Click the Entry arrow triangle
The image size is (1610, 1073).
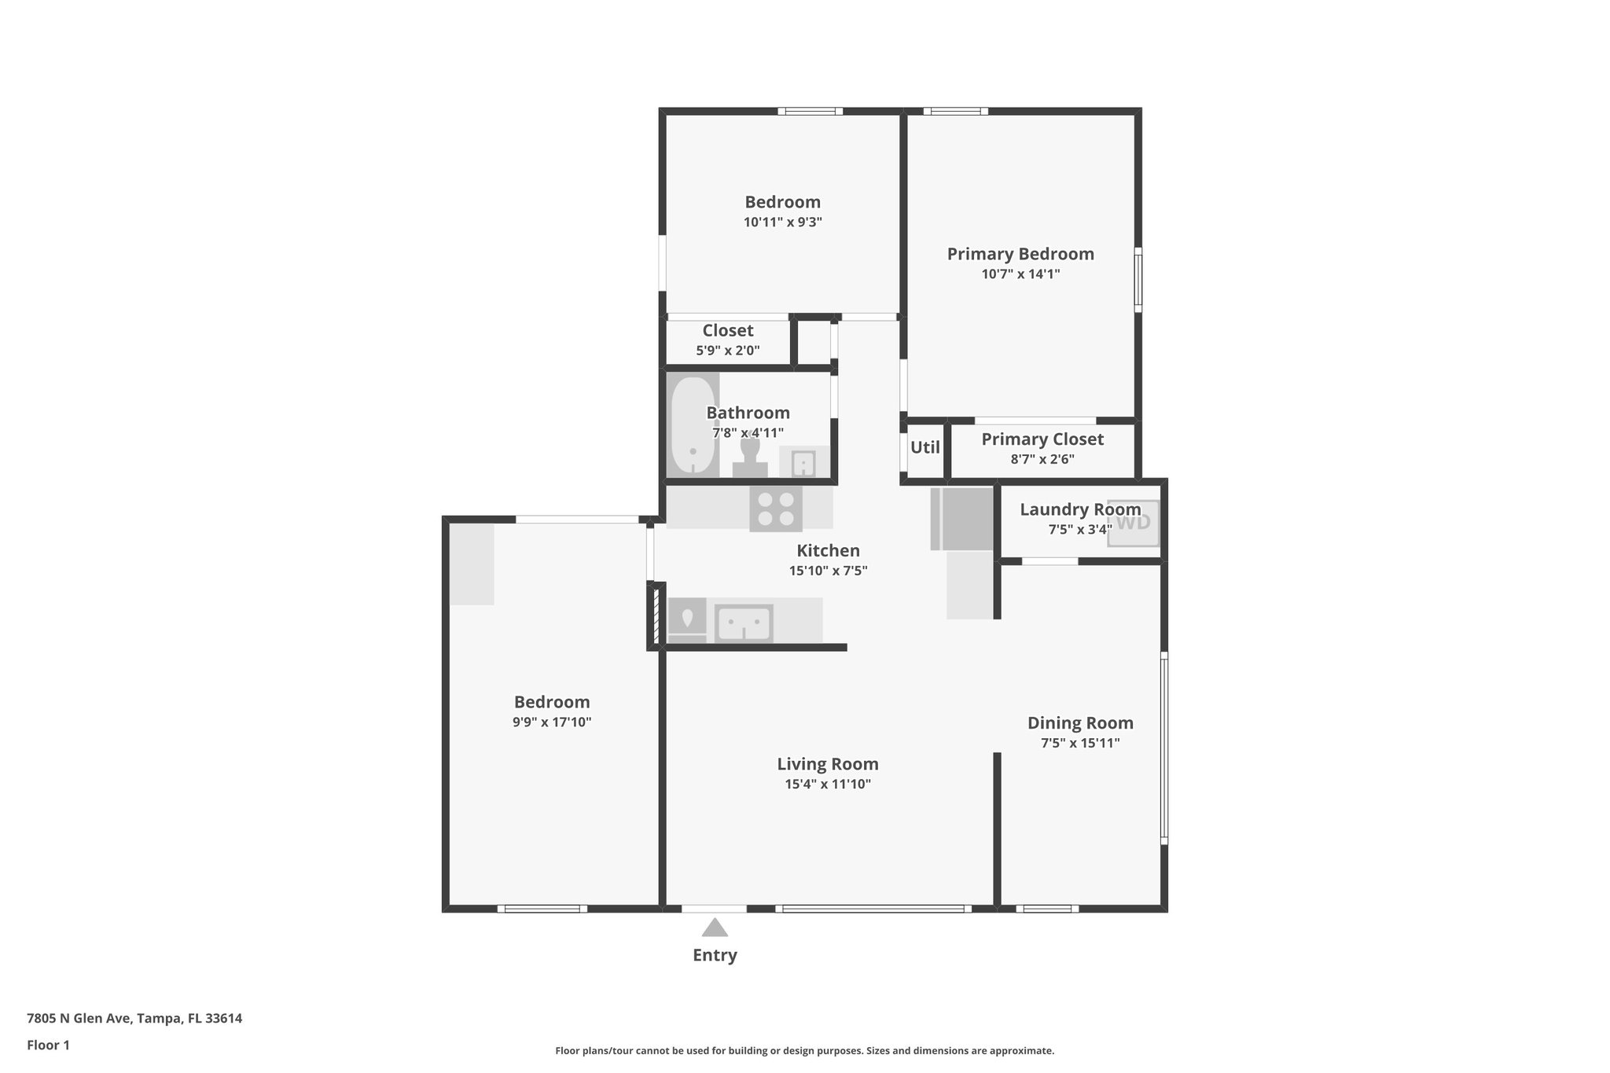click(715, 928)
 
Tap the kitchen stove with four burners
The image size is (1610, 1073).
click(775, 509)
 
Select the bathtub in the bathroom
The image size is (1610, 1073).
click(693, 426)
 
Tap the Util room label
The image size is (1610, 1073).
click(924, 447)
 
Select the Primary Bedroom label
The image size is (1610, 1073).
click(1020, 254)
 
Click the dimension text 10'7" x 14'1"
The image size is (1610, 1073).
click(1020, 274)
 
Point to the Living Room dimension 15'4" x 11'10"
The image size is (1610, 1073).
click(827, 784)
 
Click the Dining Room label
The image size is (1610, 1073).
click(1079, 722)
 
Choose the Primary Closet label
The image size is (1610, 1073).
click(1042, 439)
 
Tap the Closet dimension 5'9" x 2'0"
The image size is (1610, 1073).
click(727, 351)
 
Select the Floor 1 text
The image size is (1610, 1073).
click(48, 1045)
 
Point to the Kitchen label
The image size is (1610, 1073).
click(828, 550)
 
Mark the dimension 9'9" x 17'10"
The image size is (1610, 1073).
click(551, 722)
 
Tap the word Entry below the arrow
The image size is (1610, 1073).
click(715, 955)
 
